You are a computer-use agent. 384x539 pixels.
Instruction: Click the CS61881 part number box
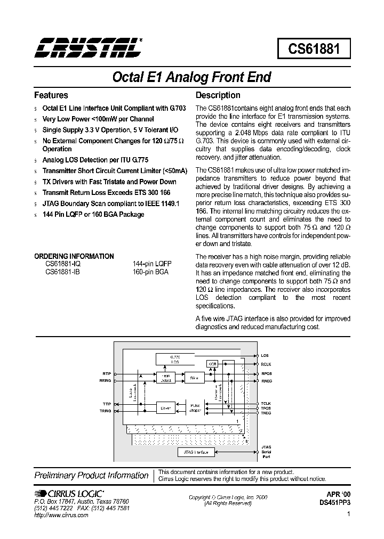(314, 50)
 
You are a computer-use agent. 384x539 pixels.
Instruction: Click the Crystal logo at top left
(89, 48)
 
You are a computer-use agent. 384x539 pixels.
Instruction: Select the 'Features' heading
(51, 95)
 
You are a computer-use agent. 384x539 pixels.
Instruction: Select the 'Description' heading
(218, 95)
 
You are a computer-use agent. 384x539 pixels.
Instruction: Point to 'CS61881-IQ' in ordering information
(63, 264)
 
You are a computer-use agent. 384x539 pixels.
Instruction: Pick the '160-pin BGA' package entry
(150, 271)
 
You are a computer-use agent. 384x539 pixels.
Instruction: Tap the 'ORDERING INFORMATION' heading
(74, 256)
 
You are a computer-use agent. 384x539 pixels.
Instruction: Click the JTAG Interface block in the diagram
(196, 452)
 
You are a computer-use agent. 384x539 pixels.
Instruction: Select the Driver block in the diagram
(165, 408)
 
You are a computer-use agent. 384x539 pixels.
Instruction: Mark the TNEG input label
(266, 413)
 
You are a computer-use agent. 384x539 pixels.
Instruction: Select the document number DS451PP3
(335, 502)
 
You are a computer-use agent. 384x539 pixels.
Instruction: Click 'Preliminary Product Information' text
(91, 475)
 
